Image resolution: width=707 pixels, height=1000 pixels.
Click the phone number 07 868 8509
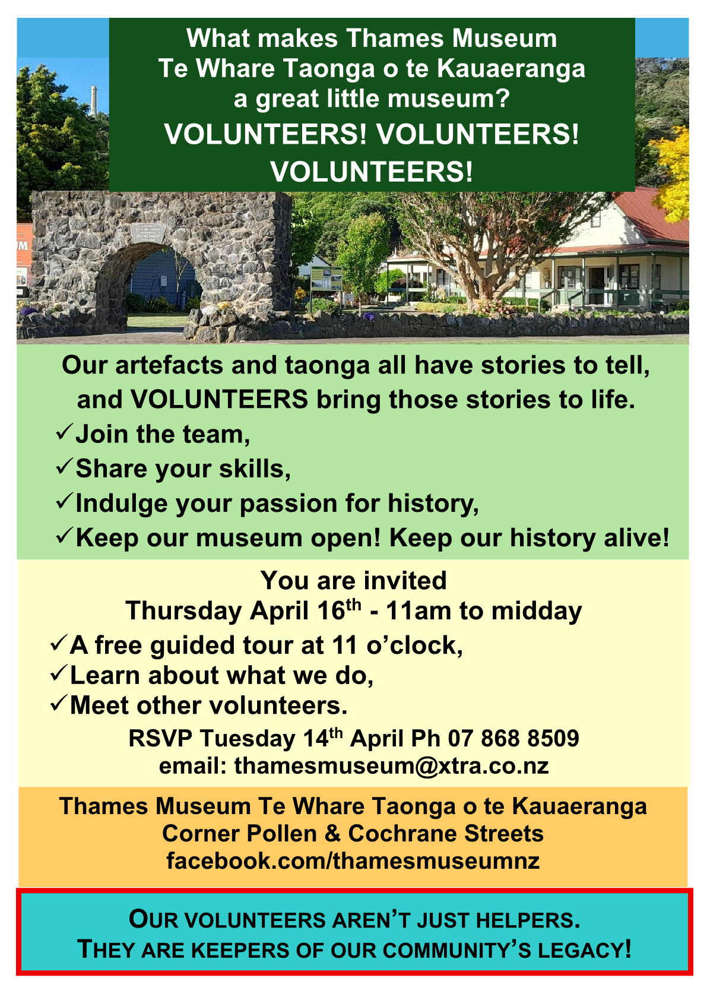click(513, 738)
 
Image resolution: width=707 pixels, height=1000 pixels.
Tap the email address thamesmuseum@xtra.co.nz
click(391, 766)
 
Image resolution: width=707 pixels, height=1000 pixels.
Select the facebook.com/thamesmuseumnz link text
click(353, 860)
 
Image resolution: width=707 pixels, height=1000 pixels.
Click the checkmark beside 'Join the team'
click(64, 432)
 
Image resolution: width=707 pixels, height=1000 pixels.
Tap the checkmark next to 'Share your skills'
click(64, 467)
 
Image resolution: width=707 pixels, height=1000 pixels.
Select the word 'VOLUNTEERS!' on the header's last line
click(372, 172)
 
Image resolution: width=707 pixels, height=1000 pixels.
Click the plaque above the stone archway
click(148, 233)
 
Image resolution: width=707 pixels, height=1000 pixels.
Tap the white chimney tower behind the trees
click(94, 100)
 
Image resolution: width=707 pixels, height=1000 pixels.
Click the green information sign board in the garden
click(326, 278)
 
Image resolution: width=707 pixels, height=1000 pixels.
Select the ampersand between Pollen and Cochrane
click(332, 834)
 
